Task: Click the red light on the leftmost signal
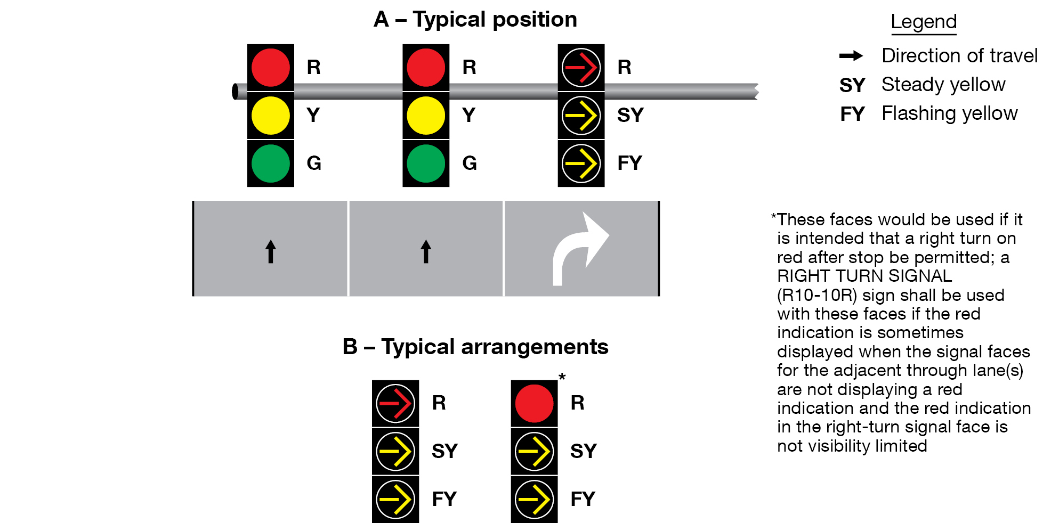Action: click(270, 68)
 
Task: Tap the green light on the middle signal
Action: click(425, 163)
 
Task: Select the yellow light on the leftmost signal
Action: click(270, 115)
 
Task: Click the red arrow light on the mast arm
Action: click(581, 68)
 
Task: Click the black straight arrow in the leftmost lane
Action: click(271, 251)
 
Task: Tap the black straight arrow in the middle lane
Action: click(426, 251)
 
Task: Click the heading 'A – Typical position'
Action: click(475, 20)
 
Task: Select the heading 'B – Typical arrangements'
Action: click(475, 347)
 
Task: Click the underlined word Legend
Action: click(924, 22)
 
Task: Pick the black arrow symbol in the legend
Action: click(851, 55)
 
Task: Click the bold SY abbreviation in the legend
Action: click(852, 85)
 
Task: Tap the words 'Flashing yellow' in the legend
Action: click(949, 113)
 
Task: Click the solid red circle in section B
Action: click(534, 403)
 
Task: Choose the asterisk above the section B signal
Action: click(562, 377)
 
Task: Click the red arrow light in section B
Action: click(395, 403)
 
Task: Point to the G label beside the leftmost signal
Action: click(314, 163)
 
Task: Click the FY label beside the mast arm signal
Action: click(629, 163)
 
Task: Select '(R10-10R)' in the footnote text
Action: click(817, 295)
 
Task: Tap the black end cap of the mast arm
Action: click(235, 92)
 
